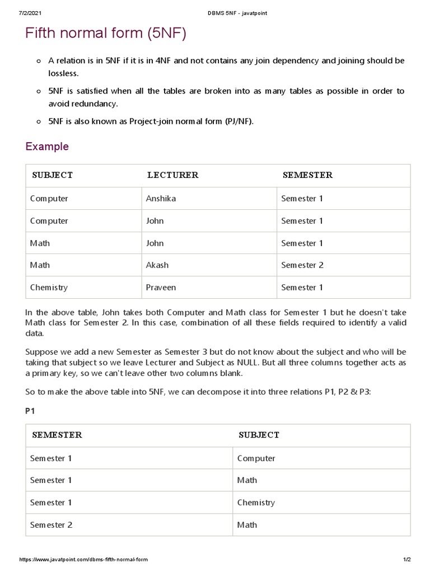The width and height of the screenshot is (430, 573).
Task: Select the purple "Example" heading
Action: click(x=47, y=147)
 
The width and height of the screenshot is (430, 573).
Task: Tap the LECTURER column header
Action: click(x=172, y=175)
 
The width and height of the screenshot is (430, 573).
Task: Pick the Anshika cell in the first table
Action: click(x=161, y=199)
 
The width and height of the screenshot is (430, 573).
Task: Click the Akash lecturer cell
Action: click(x=157, y=265)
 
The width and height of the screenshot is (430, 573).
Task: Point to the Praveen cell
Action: click(x=161, y=288)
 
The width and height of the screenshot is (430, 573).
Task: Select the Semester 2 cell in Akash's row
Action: click(x=302, y=265)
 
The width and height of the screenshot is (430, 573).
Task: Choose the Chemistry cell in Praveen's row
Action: click(x=49, y=288)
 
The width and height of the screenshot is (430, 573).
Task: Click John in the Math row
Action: click(x=155, y=243)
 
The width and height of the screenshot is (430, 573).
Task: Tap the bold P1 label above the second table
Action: click(x=30, y=411)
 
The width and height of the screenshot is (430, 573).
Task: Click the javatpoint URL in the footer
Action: click(x=84, y=560)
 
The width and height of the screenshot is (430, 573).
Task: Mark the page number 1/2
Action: click(x=406, y=560)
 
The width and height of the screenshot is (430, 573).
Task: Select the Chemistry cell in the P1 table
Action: click(x=256, y=502)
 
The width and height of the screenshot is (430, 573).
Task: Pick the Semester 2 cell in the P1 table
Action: click(x=51, y=525)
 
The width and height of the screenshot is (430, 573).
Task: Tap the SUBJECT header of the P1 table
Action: click(x=259, y=435)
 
